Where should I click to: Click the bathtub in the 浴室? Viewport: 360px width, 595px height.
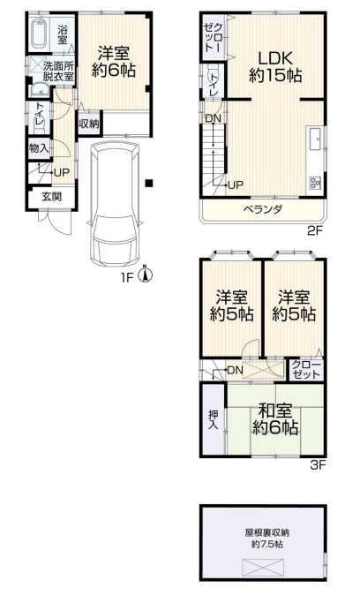point(38,34)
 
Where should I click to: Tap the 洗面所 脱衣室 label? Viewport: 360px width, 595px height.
point(58,71)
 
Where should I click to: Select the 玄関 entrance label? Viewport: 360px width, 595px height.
point(51,197)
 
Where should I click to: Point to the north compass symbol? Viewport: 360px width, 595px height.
point(145,274)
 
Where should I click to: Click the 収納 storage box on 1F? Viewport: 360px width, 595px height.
point(89,123)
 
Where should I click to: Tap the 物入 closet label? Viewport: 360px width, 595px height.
point(39,148)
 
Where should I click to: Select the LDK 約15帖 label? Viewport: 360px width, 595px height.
point(275,68)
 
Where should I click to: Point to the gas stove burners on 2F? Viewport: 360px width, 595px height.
point(316,183)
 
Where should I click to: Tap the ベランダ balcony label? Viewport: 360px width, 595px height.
point(263,209)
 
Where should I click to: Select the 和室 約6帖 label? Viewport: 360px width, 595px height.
point(275,419)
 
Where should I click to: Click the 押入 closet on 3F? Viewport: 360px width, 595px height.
point(214,419)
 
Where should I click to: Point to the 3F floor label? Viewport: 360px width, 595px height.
point(319,465)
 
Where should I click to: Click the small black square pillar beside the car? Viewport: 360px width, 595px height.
point(149,183)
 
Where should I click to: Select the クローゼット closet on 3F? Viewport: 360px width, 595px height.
point(306,369)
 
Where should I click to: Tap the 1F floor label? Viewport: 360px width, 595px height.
point(128,278)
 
